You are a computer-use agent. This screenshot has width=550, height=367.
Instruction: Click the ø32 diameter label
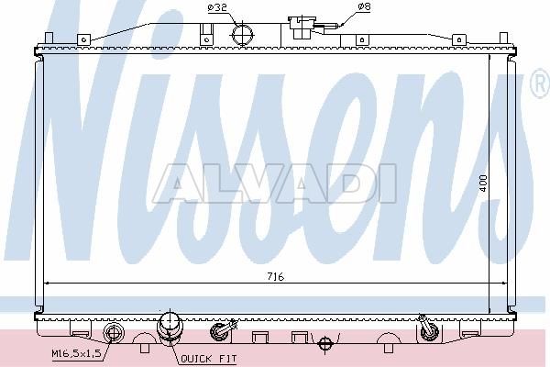[x=217, y=7]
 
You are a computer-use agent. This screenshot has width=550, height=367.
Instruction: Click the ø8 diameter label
[x=364, y=6]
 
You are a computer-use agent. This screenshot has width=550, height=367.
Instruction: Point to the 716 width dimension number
[x=275, y=277]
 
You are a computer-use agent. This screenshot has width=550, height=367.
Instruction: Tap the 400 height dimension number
[x=483, y=183]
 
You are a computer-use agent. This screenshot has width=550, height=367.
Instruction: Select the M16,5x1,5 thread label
[x=76, y=353]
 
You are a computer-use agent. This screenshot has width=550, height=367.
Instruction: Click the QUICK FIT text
[x=209, y=359]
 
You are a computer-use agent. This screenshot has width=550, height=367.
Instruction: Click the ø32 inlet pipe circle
[x=242, y=35]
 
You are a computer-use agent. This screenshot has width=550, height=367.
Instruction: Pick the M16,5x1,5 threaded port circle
[x=114, y=332]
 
